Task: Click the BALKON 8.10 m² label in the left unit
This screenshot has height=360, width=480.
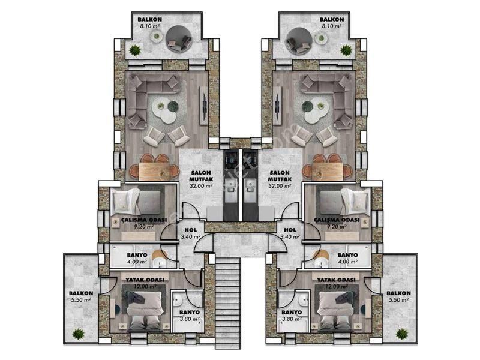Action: (149, 23)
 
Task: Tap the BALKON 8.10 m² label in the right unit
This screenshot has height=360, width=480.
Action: (332, 23)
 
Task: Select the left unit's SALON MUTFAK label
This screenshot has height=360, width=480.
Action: (201, 176)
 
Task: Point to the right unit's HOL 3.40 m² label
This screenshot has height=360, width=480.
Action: (290, 233)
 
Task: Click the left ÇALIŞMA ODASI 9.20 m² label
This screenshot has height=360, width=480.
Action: (144, 223)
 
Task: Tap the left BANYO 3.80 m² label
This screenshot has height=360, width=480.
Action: (190, 316)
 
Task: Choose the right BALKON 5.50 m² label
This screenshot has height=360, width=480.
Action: (398, 296)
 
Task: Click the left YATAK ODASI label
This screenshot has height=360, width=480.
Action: (145, 280)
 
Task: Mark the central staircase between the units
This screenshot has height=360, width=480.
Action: (227, 303)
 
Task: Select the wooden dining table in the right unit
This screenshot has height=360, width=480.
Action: (327, 172)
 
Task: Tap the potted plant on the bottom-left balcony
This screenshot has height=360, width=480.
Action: (79, 334)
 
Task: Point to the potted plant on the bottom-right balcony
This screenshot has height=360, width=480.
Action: (401, 334)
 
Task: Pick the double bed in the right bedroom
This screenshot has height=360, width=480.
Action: (337, 311)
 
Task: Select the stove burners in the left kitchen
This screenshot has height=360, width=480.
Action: (230, 160)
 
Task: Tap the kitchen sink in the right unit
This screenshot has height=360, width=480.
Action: (250, 185)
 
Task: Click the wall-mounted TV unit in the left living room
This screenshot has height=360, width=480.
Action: (203, 106)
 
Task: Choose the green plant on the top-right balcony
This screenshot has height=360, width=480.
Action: (346, 50)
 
